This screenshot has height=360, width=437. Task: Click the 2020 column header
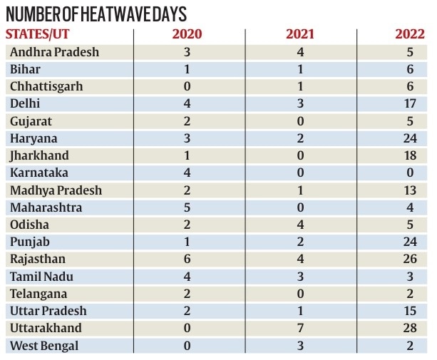pos(187,34)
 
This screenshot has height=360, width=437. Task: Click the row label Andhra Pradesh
pos(53,52)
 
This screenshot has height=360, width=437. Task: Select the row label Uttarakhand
pos(46,328)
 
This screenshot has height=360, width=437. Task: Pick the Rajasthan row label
pos(39,259)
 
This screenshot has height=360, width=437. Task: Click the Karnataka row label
pos(40,173)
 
